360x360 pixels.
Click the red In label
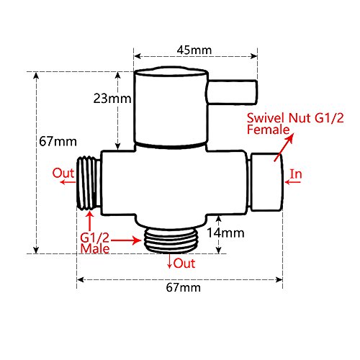(296, 174)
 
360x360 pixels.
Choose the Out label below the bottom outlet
(184, 264)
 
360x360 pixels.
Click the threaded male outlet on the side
(89, 183)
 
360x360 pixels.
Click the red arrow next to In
(294, 183)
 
